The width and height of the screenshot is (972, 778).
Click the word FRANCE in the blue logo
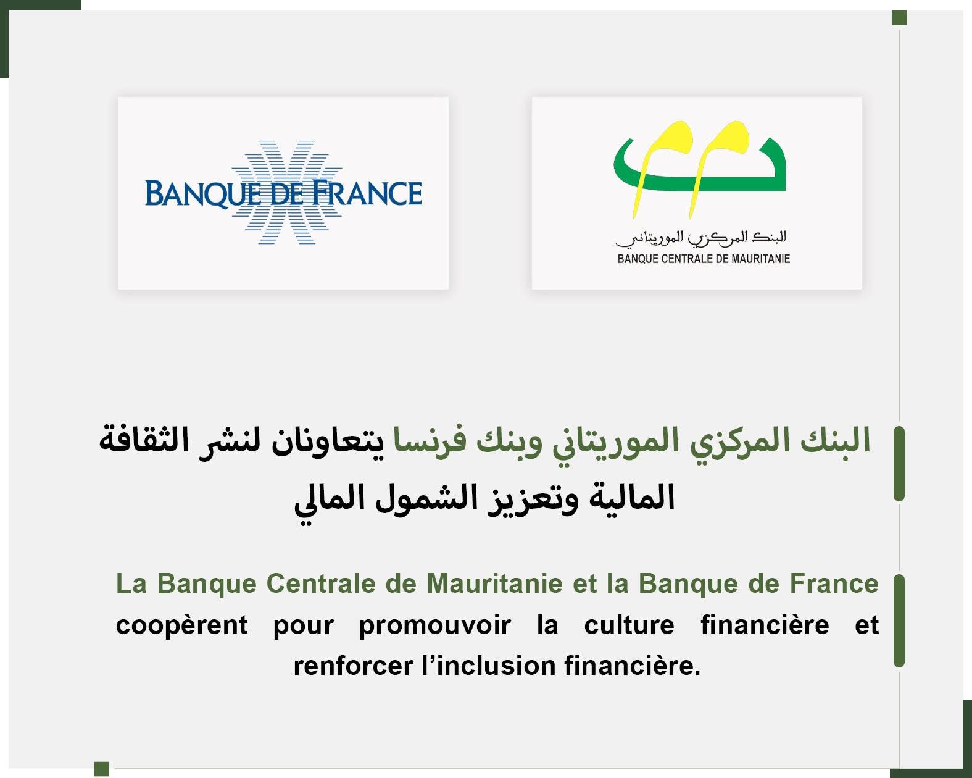[367, 193]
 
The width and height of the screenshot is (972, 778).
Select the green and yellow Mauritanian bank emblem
[700, 170]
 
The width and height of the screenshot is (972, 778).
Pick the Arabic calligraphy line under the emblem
[700, 239]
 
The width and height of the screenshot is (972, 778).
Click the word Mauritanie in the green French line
[494, 583]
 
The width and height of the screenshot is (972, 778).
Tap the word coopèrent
[181, 626]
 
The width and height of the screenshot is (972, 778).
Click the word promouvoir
[435, 626]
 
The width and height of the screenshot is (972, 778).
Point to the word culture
[629, 625]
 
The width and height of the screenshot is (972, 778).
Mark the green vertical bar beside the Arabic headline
[899, 463]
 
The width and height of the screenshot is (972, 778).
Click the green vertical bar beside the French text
[899, 621]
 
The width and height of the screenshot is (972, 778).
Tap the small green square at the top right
[899, 18]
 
